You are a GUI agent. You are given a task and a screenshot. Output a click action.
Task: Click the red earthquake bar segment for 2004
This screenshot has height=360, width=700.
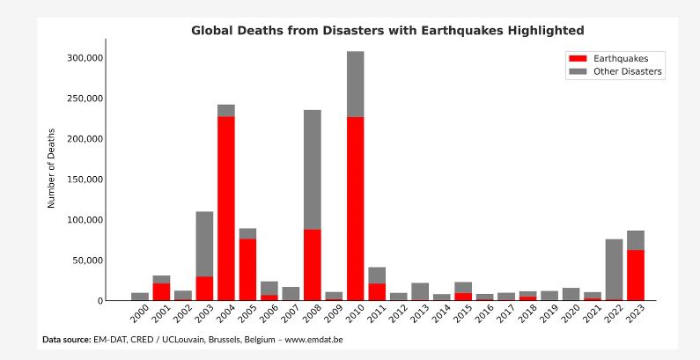(226, 208)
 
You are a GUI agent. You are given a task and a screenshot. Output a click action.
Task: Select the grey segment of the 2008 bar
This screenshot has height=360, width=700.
(313, 169)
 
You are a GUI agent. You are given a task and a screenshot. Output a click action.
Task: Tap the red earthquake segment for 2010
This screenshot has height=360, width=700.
(356, 208)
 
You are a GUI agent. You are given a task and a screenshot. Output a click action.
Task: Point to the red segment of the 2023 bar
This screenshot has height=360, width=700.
(636, 275)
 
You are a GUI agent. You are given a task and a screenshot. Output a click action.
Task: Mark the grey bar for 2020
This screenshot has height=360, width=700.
(571, 294)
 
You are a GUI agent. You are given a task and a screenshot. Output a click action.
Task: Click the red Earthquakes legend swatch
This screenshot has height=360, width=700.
(578, 59)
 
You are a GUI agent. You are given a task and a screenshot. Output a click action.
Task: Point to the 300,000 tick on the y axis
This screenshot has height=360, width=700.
(85, 58)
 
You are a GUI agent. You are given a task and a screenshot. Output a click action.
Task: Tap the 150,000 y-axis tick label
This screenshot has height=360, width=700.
(85, 180)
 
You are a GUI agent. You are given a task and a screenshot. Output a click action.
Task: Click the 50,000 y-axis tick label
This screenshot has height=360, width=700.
(89, 261)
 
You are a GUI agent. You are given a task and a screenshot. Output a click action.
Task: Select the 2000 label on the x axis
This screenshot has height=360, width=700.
(139, 315)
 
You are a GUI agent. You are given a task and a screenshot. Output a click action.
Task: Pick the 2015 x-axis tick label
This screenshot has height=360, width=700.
(462, 315)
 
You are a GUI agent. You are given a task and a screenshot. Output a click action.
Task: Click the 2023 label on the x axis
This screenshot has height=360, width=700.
(635, 315)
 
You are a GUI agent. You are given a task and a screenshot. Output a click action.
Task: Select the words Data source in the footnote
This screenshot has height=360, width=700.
(66, 339)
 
